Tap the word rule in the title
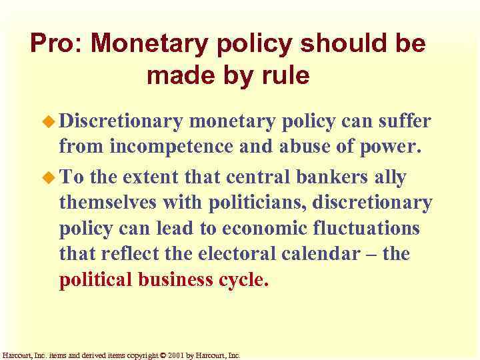(x=286, y=75)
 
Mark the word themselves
(x=105, y=202)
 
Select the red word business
(x=182, y=279)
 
